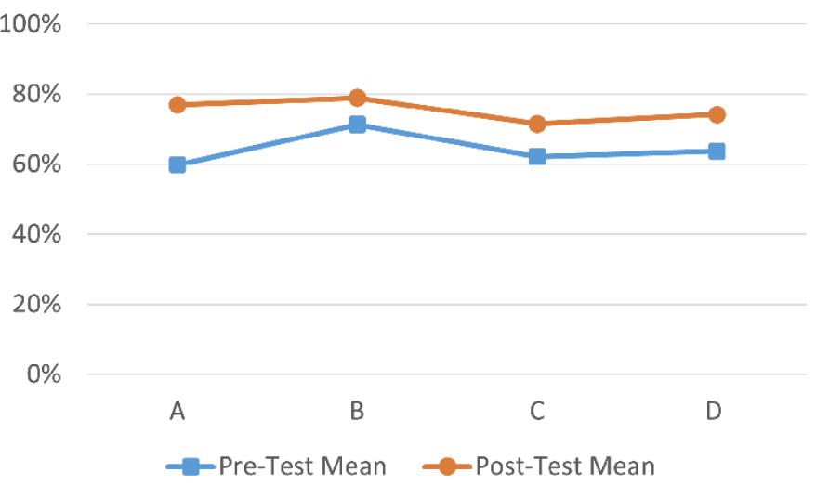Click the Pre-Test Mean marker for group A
click(178, 164)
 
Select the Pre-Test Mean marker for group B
click(357, 125)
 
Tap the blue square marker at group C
click(537, 156)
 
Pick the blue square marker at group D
click(717, 151)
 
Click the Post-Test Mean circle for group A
click(178, 105)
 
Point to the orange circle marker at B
click(357, 98)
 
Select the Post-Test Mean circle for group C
click(537, 124)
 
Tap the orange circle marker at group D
click(717, 114)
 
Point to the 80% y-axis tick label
click(36, 95)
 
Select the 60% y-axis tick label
click(36, 164)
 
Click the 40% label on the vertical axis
click(36, 234)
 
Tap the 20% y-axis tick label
click(36, 305)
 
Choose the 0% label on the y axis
click(42, 374)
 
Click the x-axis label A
click(178, 412)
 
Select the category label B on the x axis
click(357, 412)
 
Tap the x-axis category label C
click(537, 412)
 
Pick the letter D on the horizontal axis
click(715, 412)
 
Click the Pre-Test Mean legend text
click(303, 466)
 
